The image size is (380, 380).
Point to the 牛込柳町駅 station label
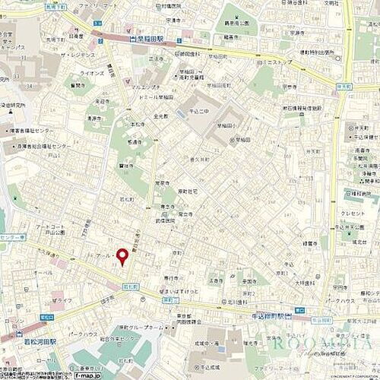pos(273,317)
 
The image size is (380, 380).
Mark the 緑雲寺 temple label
pos(309,244)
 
